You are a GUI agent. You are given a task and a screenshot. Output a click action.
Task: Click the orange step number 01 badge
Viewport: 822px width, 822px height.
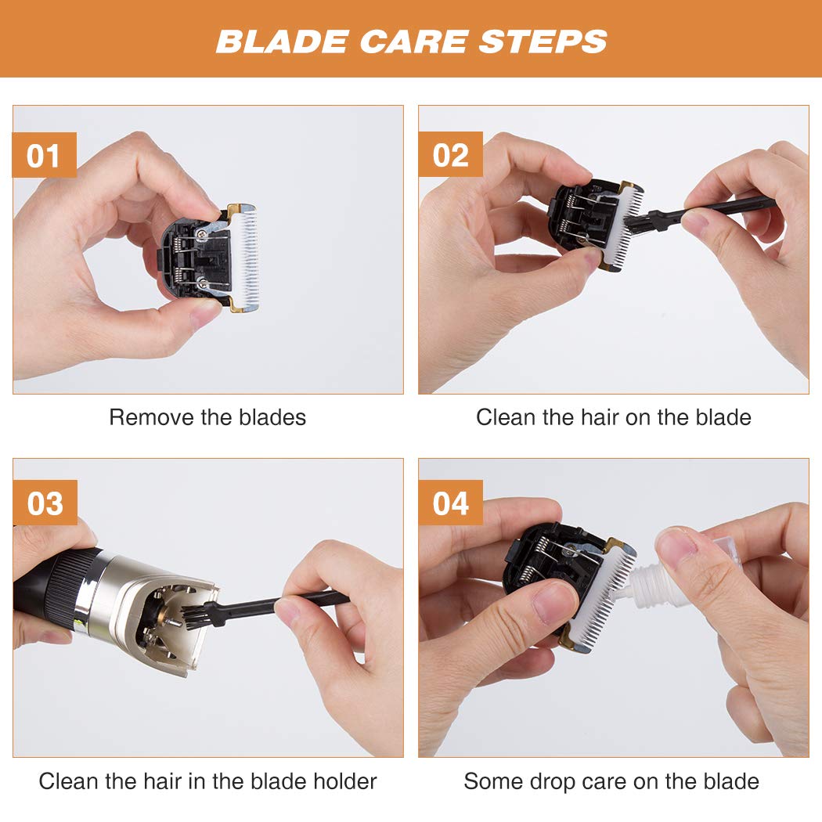(44, 155)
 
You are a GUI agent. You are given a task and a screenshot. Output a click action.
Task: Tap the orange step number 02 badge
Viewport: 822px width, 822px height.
(450, 155)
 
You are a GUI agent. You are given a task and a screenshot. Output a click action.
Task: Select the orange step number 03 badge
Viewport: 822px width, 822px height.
(45, 503)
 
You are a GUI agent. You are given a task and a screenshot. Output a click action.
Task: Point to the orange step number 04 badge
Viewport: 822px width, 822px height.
(450, 503)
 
